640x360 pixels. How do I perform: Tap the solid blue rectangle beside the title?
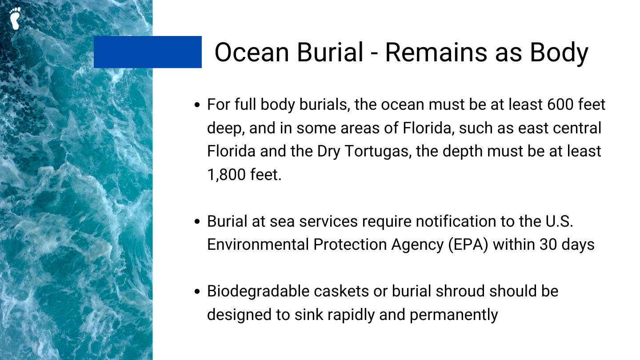pyautogui.click(x=148, y=52)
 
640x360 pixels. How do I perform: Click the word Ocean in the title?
pyautogui.click(x=252, y=52)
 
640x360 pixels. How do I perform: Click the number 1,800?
pyautogui.click(x=226, y=175)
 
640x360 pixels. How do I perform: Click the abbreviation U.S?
pyautogui.click(x=559, y=221)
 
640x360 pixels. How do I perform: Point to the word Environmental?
pyautogui.click(x=258, y=244)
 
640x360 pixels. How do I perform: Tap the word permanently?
pyautogui.click(x=454, y=315)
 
